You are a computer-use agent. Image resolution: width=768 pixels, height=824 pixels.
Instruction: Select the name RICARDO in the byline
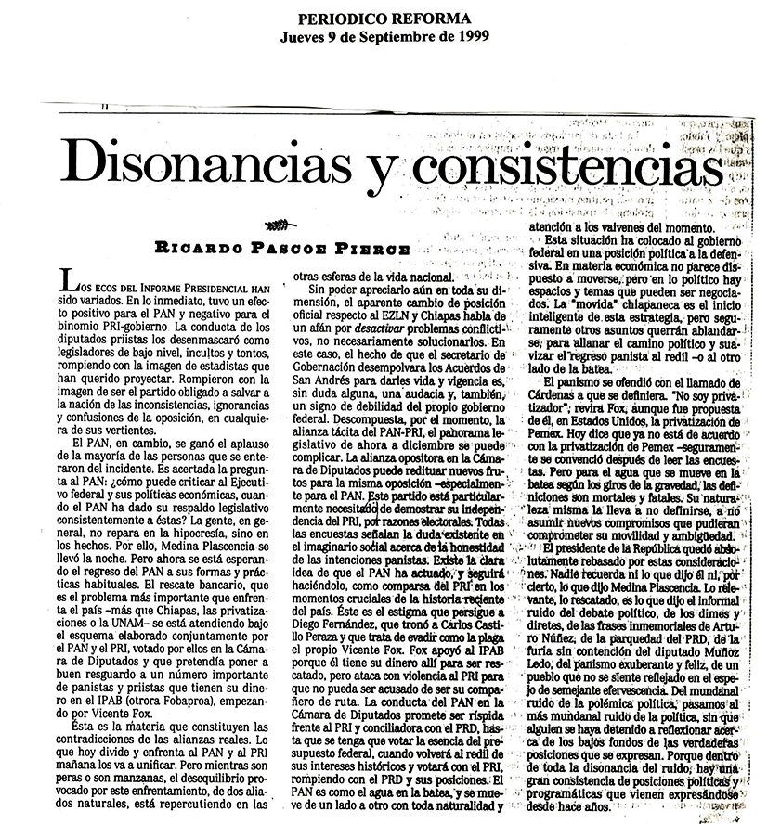coord(196,248)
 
